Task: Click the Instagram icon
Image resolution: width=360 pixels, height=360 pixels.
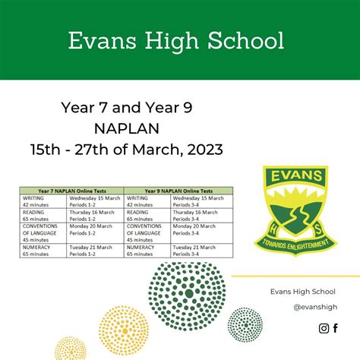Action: point(324,328)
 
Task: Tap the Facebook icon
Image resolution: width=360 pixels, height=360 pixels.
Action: point(336,328)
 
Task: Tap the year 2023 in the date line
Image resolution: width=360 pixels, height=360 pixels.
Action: point(204,149)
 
